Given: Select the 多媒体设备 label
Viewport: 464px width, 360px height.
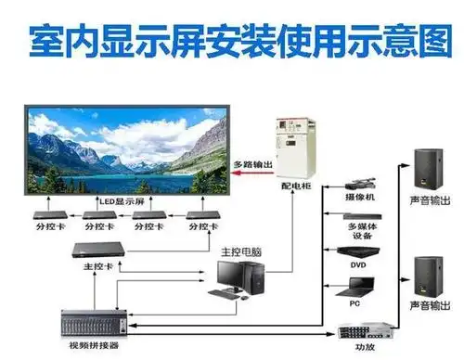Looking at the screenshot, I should pos(360,230).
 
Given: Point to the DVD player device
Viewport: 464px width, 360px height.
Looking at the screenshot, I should pos(360,251).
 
